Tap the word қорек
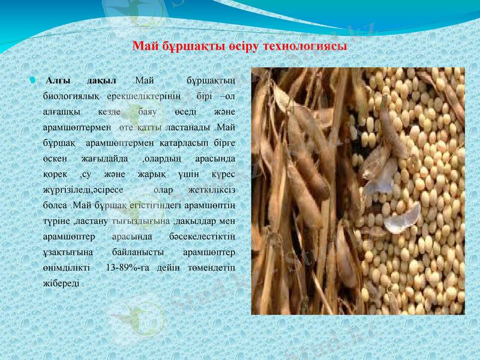pos(53,175)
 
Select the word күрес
pos(223,175)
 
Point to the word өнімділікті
pos(67,268)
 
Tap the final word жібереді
pos(62,284)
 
